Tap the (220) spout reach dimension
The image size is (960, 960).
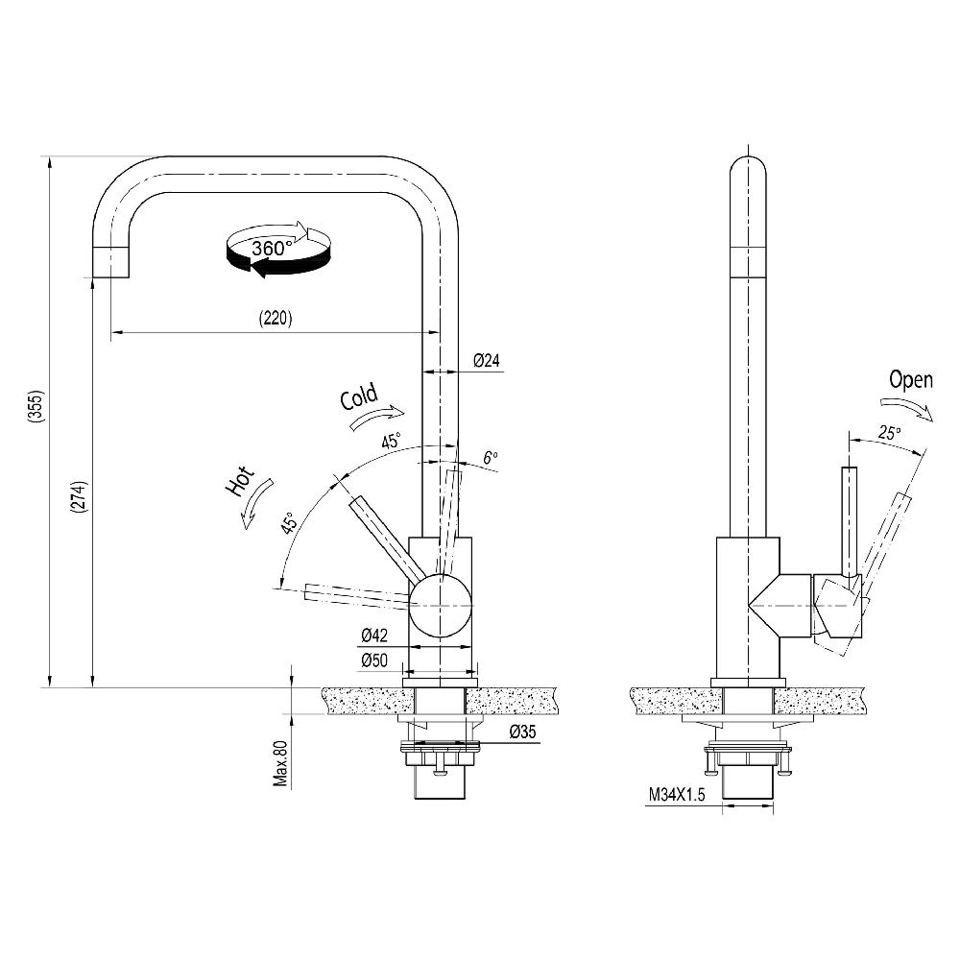tap(275, 318)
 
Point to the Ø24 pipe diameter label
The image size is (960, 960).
tap(487, 361)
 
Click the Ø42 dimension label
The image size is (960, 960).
tap(373, 636)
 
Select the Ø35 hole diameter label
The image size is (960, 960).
tap(521, 732)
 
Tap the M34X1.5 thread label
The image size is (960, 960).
tap(677, 794)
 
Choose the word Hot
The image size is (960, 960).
tap(238, 481)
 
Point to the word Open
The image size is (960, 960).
tap(910, 379)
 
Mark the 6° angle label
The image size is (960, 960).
tap(491, 458)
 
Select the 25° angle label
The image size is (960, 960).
tap(889, 433)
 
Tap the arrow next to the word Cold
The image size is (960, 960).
tap(378, 416)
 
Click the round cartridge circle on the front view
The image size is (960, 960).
tap(441, 603)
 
